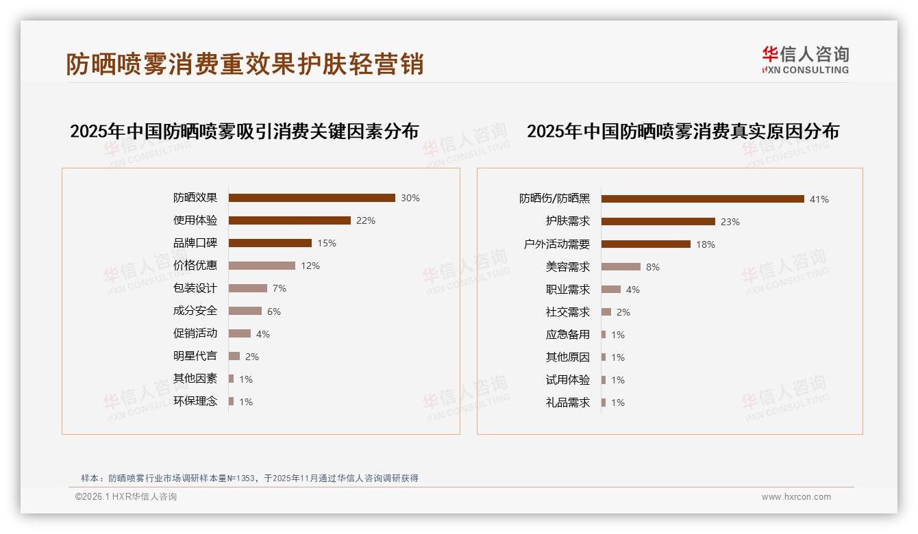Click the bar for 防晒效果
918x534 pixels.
312,198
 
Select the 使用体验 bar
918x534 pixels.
289,220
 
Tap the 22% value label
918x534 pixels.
366,220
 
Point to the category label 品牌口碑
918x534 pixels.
195,243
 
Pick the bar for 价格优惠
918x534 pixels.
262,266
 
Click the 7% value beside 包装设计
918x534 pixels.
280,288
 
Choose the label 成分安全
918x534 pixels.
195,311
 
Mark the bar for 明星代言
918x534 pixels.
234,356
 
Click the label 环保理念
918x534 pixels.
195,401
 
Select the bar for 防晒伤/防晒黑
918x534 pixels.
702,199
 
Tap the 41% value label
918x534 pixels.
819,199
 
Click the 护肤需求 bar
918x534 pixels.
658,222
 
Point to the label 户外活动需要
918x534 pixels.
556,244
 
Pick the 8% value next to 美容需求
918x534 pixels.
653,267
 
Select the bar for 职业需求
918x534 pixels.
611,290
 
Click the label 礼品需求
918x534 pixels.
567,403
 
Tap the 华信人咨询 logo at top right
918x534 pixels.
805,60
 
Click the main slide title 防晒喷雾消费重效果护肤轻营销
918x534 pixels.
245,64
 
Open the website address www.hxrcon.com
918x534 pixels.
796,497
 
